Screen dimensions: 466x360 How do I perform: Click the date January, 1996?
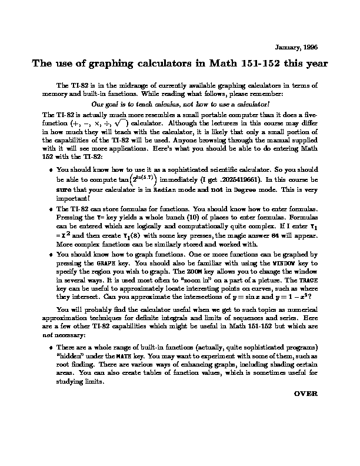coord(297,46)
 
